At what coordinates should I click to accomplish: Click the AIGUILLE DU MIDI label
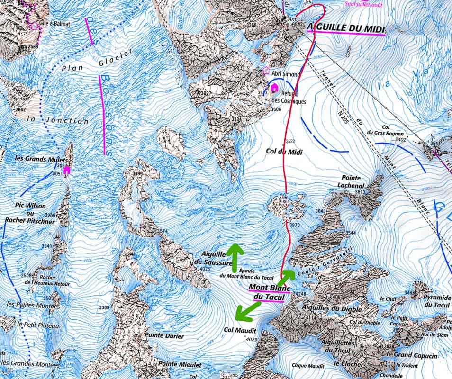(346, 27)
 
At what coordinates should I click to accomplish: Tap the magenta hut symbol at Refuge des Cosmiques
(274, 87)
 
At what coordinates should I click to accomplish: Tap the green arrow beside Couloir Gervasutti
(287, 277)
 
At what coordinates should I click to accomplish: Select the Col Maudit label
(240, 330)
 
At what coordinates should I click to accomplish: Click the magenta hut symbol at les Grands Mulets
(67, 170)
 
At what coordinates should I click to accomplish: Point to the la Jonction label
(57, 120)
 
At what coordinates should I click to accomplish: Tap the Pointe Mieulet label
(180, 365)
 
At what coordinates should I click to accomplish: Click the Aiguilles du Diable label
(334, 309)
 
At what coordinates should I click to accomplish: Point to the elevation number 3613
(360, 192)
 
